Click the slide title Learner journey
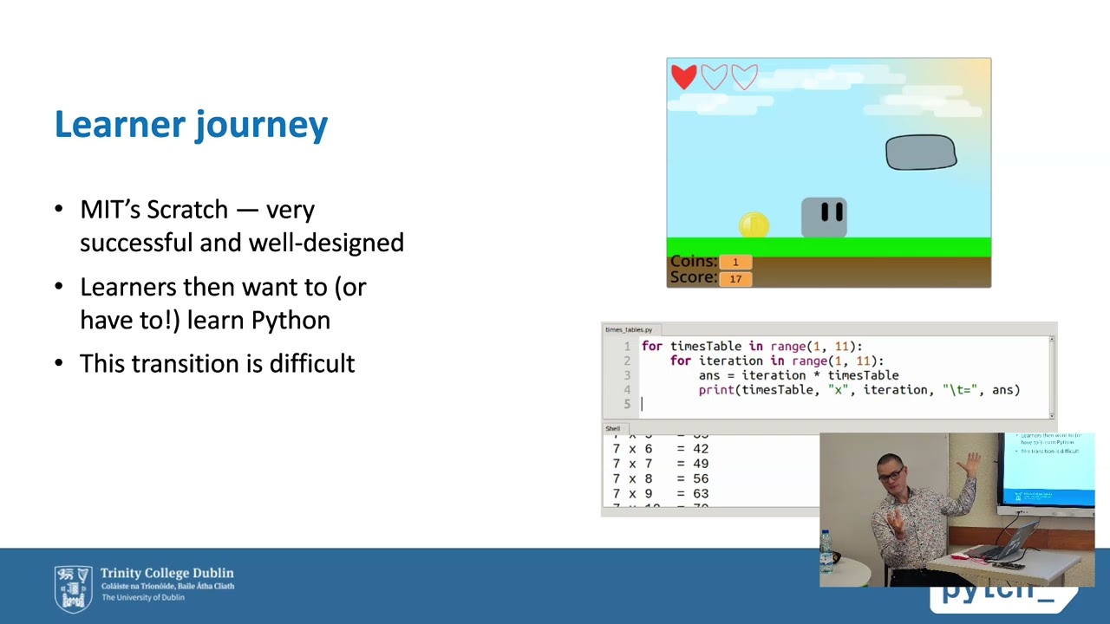point(191,125)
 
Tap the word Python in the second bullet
point(291,320)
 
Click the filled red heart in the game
point(683,77)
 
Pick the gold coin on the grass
point(754,225)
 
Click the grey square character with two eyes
point(823,217)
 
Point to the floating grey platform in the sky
point(920,153)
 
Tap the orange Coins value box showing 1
point(735,262)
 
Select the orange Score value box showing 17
point(735,278)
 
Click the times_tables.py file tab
point(629,329)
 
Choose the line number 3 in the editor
point(627,375)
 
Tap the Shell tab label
point(612,428)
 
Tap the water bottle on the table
point(826,552)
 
